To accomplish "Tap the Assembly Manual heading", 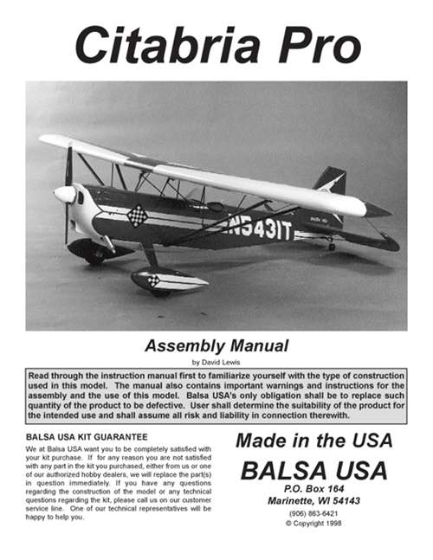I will (x=216, y=346).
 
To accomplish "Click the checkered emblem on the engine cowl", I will (x=137, y=214).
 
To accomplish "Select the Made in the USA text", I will (x=313, y=440).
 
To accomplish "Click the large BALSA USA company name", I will (x=313, y=471).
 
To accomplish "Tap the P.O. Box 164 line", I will (x=314, y=489).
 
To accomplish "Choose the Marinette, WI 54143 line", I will (x=314, y=501).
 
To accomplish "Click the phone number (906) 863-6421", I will (x=314, y=513).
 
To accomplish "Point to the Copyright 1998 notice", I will (x=314, y=525).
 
